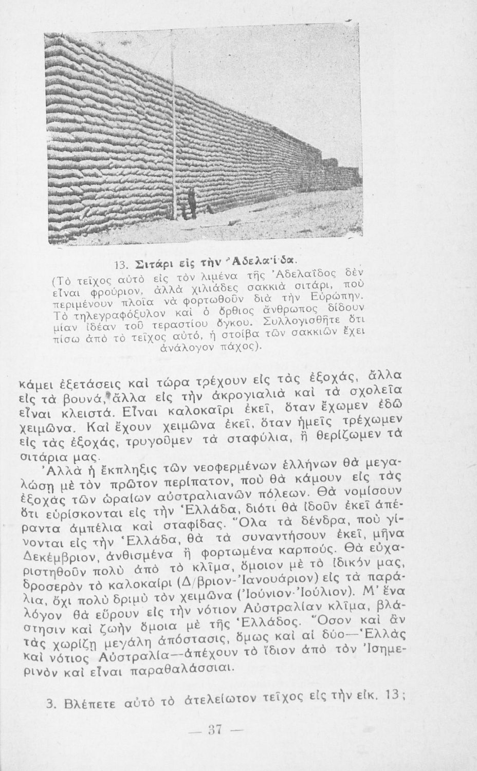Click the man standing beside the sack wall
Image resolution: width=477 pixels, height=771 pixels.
point(191,201)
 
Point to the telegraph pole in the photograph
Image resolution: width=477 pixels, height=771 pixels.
point(175,128)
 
